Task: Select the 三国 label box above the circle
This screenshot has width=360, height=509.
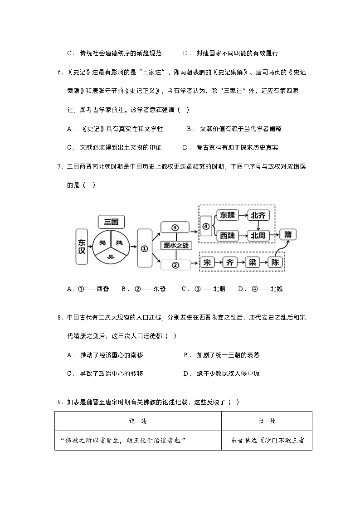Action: pyautogui.click(x=111, y=222)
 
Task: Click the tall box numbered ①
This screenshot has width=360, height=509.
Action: pyautogui.click(x=144, y=248)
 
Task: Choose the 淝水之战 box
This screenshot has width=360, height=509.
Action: pyautogui.click(x=176, y=245)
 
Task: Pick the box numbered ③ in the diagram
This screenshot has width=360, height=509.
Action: pyautogui.click(x=174, y=228)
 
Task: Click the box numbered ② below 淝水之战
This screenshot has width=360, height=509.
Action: pyautogui.click(x=174, y=265)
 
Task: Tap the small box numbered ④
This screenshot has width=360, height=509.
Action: pyautogui.click(x=206, y=226)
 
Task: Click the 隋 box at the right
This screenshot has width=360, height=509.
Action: pyautogui.click(x=288, y=235)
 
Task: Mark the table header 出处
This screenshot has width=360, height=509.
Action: pyautogui.click(x=267, y=421)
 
